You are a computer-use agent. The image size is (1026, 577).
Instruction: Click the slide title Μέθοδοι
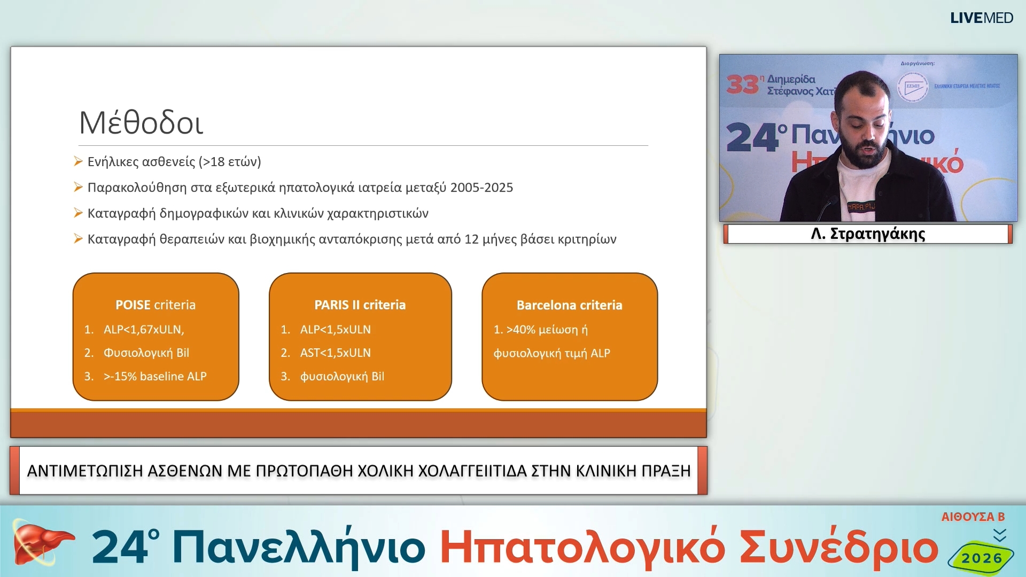pyautogui.click(x=141, y=123)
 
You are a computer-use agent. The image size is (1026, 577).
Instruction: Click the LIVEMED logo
pyautogui.click(x=981, y=18)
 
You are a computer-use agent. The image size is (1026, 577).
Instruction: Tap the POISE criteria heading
pyautogui.click(x=156, y=305)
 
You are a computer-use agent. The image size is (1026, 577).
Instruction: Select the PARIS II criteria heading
pyautogui.click(x=360, y=305)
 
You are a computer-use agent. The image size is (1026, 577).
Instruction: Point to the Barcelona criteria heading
pyautogui.click(x=569, y=305)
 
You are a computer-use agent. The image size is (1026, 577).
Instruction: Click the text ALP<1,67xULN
pyautogui.click(x=143, y=330)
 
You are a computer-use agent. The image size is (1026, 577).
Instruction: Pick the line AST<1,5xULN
pyautogui.click(x=335, y=353)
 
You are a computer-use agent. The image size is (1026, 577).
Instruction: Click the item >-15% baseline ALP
pyautogui.click(x=154, y=376)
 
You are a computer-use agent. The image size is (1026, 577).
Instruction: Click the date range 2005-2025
pyautogui.click(x=481, y=188)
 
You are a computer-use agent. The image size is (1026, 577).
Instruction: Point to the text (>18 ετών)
pyautogui.click(x=230, y=162)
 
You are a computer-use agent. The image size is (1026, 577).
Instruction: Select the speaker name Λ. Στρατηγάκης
pyautogui.click(x=868, y=234)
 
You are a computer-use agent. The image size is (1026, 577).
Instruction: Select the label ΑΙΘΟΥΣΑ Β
pyautogui.click(x=973, y=517)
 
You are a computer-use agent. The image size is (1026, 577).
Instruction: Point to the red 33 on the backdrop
pyautogui.click(x=743, y=84)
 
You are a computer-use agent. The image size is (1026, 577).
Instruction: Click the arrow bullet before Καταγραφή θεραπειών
pyautogui.click(x=78, y=238)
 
